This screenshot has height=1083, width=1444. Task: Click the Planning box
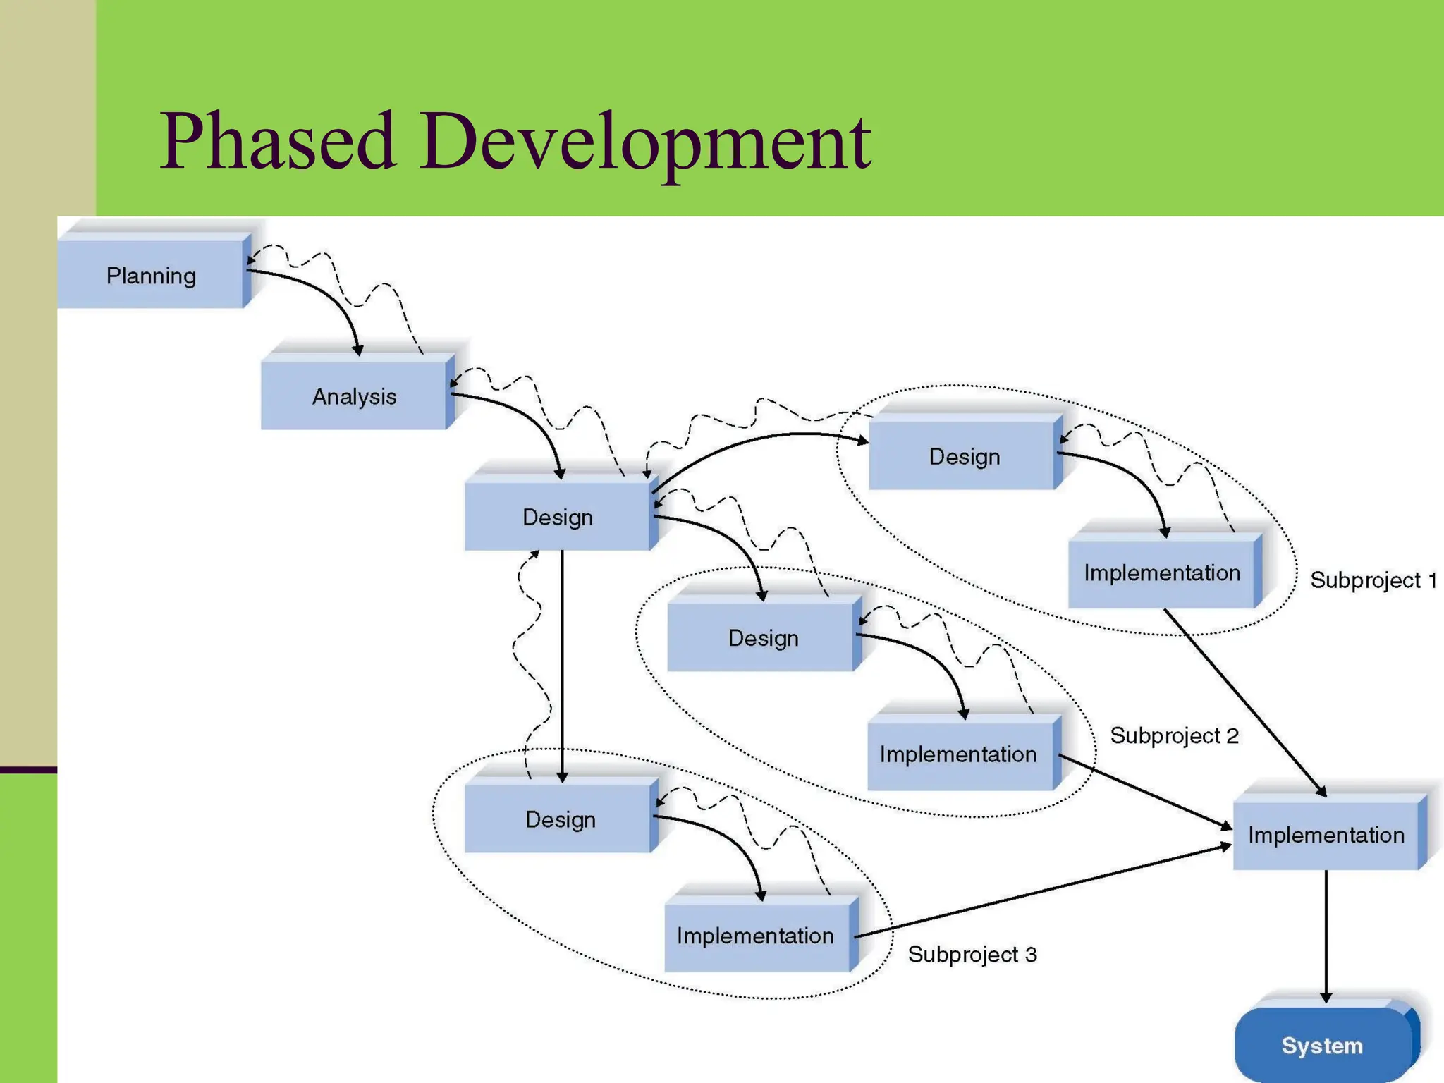click(151, 275)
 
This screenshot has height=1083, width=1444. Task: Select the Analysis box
click(354, 396)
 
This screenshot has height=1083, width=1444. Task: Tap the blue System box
click(1322, 1045)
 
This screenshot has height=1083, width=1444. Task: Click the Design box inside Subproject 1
click(963, 456)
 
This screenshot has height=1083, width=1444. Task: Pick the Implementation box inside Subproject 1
click(1162, 573)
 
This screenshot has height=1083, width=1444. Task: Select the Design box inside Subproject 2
click(762, 638)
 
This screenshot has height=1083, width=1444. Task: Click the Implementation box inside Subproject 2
click(958, 754)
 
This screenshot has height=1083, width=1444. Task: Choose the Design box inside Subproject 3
click(560, 819)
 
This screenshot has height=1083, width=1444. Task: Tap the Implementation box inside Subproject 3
click(755, 936)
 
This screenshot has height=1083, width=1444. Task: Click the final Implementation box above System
click(1326, 835)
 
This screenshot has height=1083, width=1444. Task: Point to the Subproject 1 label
click(1373, 580)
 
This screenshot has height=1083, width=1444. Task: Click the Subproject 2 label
click(1174, 735)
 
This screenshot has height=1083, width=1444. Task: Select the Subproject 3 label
click(972, 954)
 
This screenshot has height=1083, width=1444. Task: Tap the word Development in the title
click(645, 141)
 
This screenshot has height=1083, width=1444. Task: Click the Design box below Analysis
click(557, 517)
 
